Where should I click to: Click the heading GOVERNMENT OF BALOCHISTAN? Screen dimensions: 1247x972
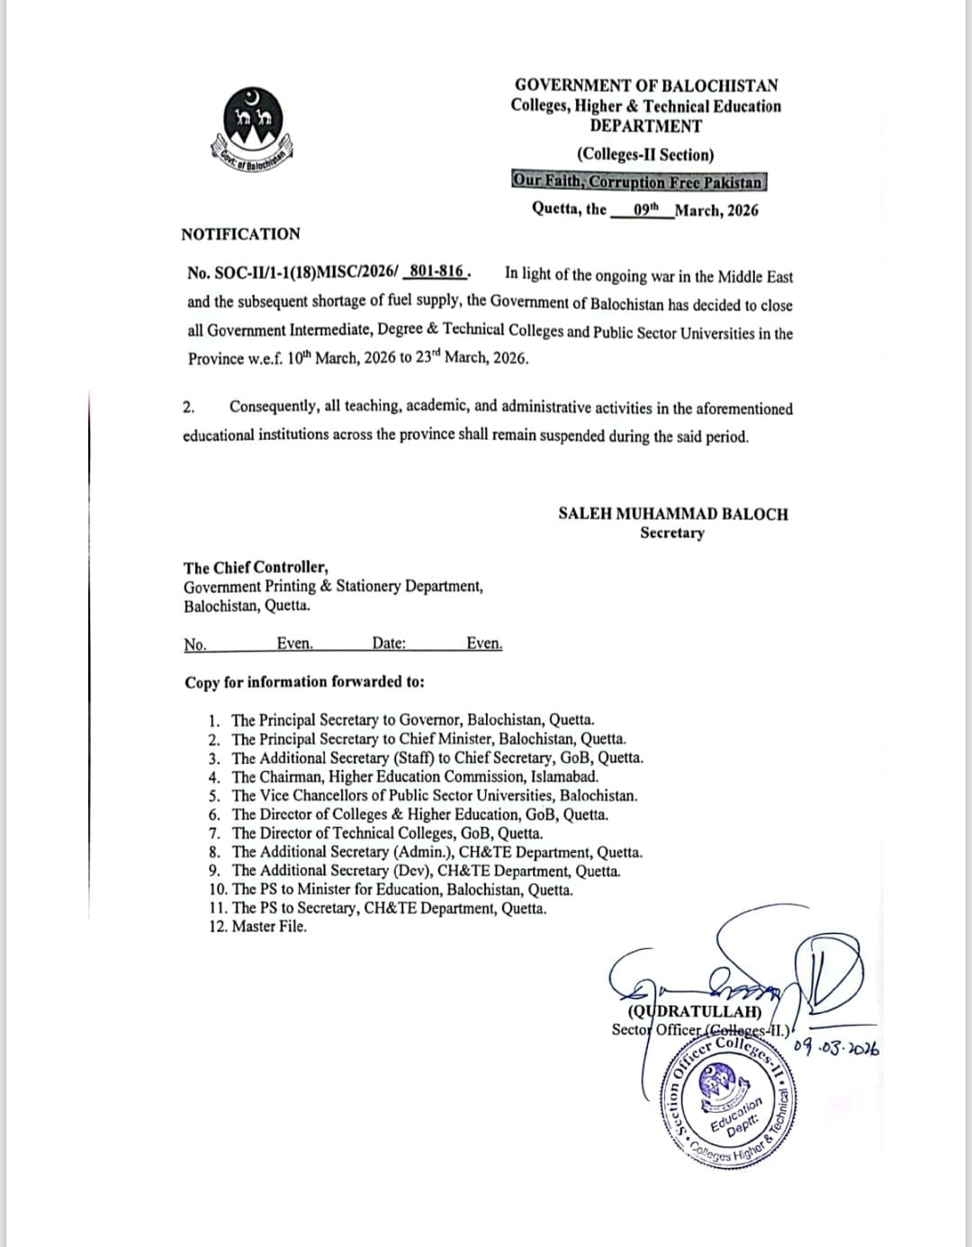click(x=646, y=85)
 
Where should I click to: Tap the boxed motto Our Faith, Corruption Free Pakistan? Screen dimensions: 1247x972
click(x=638, y=181)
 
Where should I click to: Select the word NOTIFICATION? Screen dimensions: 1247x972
click(x=240, y=234)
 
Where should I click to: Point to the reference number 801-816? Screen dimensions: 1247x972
click(x=436, y=271)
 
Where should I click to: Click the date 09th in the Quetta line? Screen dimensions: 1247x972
click(x=646, y=210)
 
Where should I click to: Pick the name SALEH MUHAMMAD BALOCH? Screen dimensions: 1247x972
click(x=672, y=514)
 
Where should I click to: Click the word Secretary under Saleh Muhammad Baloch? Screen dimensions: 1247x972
click(x=672, y=533)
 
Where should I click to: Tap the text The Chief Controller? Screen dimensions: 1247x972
click(x=256, y=567)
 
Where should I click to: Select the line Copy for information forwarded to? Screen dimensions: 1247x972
click(x=304, y=682)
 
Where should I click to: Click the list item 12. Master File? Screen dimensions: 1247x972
click(x=257, y=927)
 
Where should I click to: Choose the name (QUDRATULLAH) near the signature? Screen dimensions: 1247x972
click(x=687, y=1011)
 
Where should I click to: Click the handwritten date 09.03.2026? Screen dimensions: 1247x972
click(x=837, y=1047)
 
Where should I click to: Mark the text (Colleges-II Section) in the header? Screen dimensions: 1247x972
click(x=645, y=155)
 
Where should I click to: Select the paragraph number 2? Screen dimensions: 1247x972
click(x=188, y=407)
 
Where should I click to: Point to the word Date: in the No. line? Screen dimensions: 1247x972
click(x=389, y=643)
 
